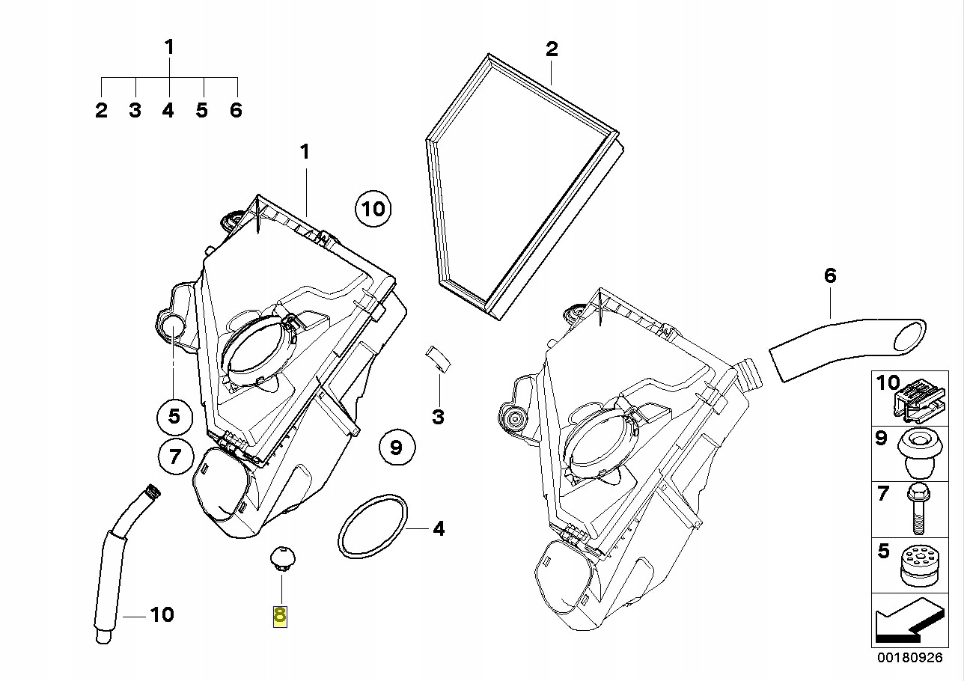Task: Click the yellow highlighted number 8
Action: (280, 616)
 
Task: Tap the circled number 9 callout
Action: (396, 448)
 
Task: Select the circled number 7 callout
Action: (174, 456)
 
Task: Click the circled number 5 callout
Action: (174, 416)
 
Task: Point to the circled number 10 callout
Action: (373, 208)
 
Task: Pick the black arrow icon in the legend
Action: (906, 623)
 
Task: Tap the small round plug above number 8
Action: (282, 558)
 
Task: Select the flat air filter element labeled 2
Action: (524, 183)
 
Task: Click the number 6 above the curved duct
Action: (830, 275)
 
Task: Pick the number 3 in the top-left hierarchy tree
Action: (135, 111)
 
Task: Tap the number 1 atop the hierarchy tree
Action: (169, 47)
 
